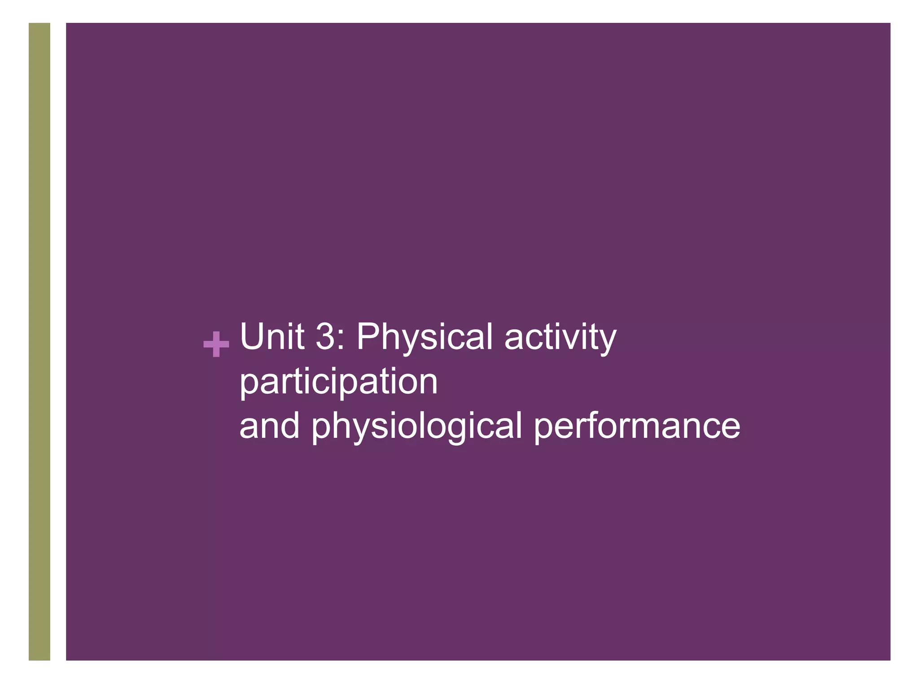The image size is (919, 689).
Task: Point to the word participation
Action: click(x=338, y=382)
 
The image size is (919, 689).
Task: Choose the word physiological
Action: click(x=416, y=426)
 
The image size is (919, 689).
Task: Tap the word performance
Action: click(x=637, y=426)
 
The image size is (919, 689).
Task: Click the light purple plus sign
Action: click(x=216, y=344)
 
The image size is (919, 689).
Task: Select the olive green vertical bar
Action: click(x=39, y=341)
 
